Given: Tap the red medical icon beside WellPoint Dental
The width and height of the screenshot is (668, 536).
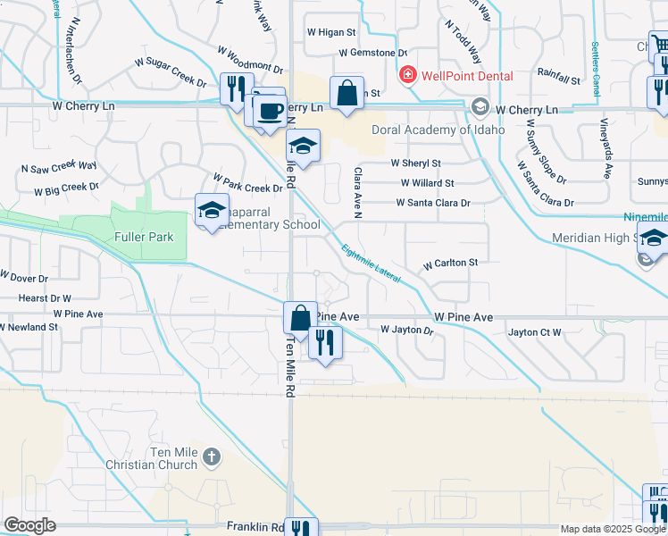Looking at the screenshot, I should pos(408,75).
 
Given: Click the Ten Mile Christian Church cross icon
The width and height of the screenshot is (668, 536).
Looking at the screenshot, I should pos(211,458).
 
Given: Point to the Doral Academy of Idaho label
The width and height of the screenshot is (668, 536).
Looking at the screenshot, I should pos(438,130).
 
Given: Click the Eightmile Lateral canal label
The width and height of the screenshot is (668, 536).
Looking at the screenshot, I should pos(372,265).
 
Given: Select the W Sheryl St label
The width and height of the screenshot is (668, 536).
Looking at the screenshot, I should pos(416,163).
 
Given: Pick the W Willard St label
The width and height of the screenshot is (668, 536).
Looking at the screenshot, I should pos(427,183).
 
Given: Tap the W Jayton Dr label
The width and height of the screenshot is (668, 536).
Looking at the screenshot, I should pos(406,331).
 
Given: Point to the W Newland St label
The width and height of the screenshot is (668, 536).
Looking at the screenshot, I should pos(29,327).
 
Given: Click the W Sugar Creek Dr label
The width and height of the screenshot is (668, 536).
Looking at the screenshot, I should pos(171,71).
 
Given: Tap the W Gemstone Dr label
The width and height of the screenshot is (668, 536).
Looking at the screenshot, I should pos(372,54).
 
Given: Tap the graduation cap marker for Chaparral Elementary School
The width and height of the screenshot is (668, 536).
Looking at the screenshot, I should pos(213,211).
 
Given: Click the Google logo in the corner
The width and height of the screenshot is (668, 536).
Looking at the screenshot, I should pos(30,525).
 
